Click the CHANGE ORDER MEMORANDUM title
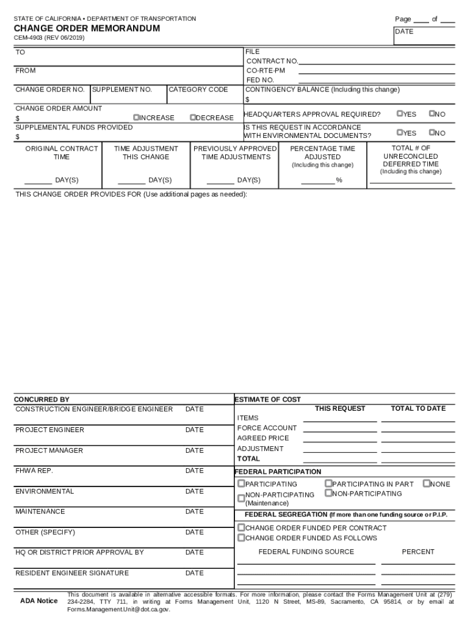[87, 29]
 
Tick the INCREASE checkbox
[137, 117]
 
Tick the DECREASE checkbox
[193, 117]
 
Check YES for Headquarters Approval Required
[400, 113]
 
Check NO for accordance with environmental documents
[432, 132]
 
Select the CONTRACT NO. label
[272, 61]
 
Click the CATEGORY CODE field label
[198, 90]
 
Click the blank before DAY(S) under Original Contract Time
[38, 181]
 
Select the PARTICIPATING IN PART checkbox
[328, 483]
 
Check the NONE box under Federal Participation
[426, 483]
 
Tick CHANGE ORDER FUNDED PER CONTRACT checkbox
[241, 527]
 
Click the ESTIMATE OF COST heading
[268, 399]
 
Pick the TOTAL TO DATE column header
[418, 408]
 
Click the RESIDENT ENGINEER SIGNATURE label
[72, 573]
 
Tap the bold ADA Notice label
[39, 601]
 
